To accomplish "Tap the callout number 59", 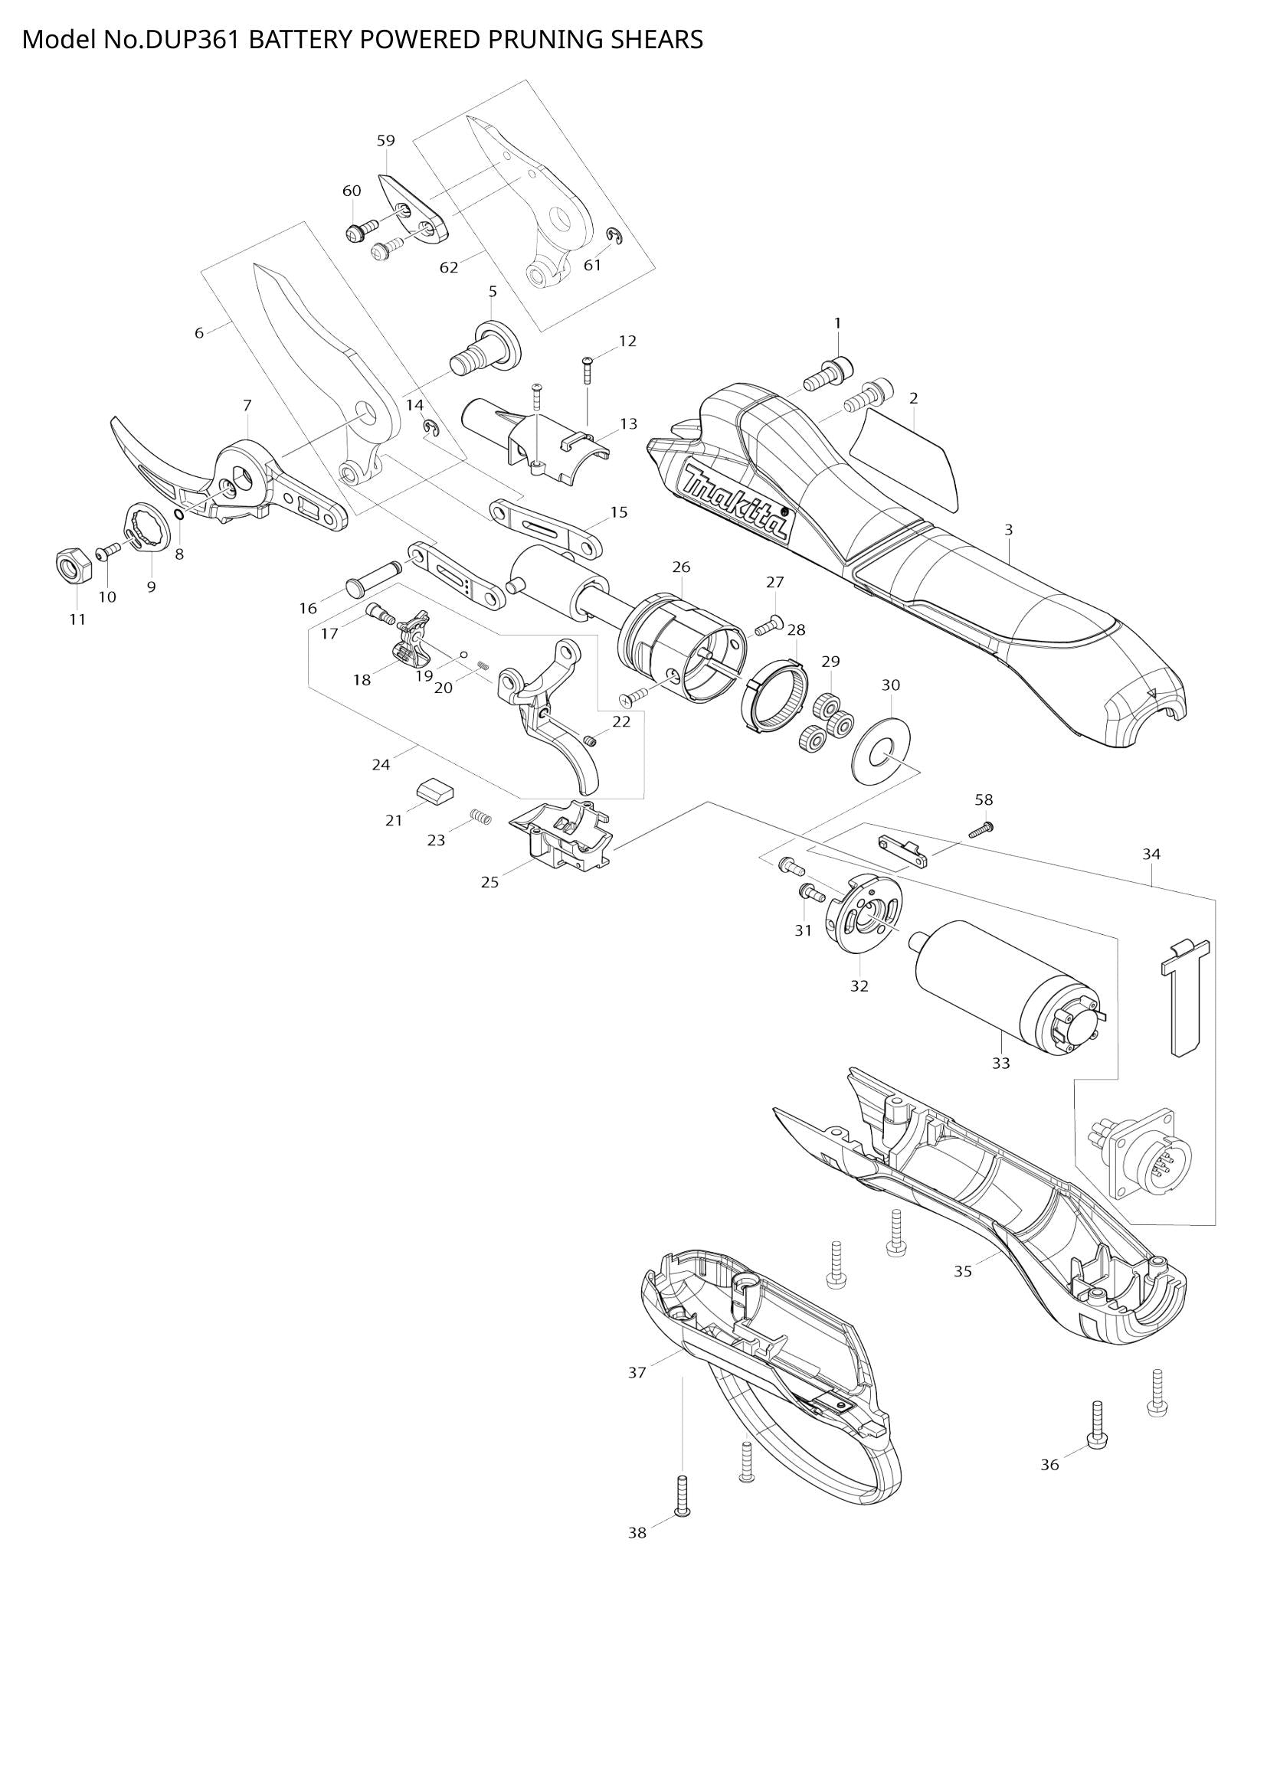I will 385,140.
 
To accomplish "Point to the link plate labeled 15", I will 546,530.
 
